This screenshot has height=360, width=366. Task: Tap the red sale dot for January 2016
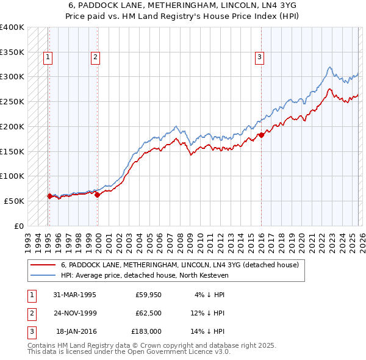[261, 135]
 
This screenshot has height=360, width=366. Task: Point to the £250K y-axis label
[12, 101]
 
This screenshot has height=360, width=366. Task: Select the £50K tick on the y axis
[15, 201]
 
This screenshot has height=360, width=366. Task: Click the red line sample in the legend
[42, 265]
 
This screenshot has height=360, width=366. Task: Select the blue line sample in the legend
[42, 275]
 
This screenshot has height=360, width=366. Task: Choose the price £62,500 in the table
[146, 313]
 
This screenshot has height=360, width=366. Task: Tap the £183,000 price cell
[146, 332]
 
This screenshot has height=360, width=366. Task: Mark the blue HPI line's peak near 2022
[329, 67]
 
